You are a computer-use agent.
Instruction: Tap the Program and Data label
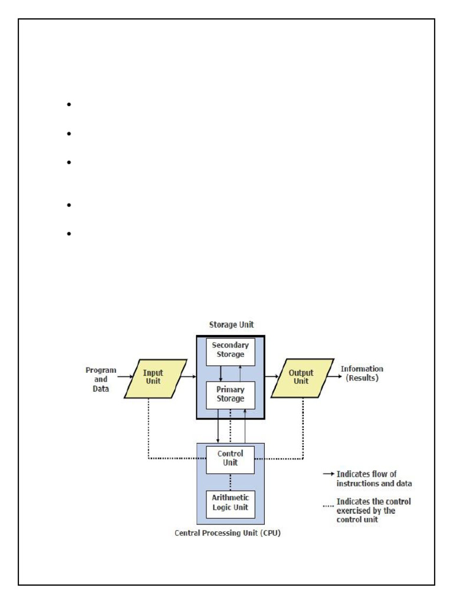pyautogui.click(x=101, y=379)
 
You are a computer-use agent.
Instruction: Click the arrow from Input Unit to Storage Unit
pyautogui.click(x=189, y=376)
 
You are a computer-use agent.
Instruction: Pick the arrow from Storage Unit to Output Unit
pyautogui.click(x=272, y=376)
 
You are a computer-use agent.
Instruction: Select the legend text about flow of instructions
pyautogui.click(x=373, y=478)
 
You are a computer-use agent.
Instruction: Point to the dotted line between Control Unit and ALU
pyautogui.click(x=230, y=482)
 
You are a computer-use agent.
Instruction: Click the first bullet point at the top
pyautogui.click(x=69, y=105)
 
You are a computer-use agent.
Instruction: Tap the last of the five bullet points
pyautogui.click(x=69, y=234)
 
